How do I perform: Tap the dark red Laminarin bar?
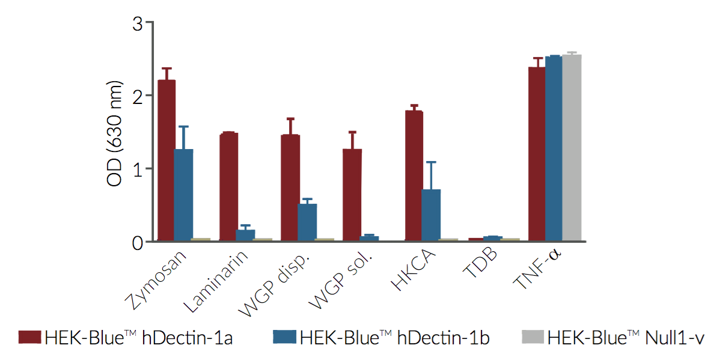pyautogui.click(x=228, y=187)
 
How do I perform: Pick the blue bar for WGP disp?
pyautogui.click(x=307, y=222)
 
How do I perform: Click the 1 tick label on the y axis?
pyautogui.click(x=138, y=169)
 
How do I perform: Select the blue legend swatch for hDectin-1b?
pyautogui.click(x=284, y=338)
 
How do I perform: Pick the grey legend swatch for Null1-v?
pyautogui.click(x=532, y=338)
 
